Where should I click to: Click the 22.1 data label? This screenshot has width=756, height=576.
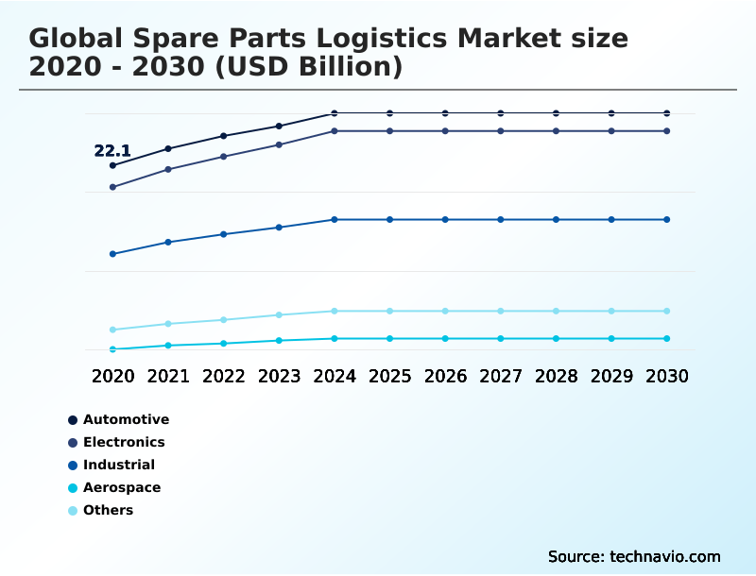click(112, 150)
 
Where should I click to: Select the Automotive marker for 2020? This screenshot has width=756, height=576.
click(112, 165)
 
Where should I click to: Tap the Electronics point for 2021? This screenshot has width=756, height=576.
click(168, 169)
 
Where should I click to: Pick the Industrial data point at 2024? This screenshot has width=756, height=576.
click(335, 219)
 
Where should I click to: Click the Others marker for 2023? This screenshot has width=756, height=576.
click(279, 314)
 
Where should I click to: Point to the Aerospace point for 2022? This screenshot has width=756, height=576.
click(224, 343)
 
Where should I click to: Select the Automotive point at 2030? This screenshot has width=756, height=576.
click(666, 113)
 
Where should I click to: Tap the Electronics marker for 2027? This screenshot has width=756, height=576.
click(501, 130)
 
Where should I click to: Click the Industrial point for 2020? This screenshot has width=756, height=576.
click(112, 254)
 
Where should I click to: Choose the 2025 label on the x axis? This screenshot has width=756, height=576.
click(389, 376)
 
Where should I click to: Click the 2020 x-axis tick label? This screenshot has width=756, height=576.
click(112, 376)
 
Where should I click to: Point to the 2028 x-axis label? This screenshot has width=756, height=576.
click(556, 376)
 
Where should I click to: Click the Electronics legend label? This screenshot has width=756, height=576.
click(124, 442)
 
